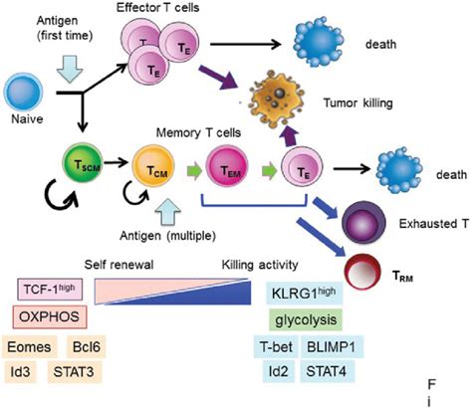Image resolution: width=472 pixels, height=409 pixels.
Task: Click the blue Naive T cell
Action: click(23, 92)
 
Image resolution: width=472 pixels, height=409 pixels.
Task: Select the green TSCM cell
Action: click(84, 164)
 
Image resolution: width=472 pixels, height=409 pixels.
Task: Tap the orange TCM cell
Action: click(153, 166)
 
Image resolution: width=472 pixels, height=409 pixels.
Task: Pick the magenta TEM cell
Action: click(227, 166)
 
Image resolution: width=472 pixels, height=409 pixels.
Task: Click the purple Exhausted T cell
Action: click(364, 222)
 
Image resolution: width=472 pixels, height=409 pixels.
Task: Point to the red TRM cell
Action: click(363, 272)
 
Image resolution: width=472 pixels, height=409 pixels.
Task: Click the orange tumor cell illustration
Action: click(278, 97)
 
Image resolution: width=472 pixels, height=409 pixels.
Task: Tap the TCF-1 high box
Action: click(50, 290)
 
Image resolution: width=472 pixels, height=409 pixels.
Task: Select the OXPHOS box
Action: click(50, 316)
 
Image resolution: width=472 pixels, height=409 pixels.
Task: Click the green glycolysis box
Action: click(306, 320)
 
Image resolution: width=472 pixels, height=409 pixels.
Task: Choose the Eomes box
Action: click(29, 347)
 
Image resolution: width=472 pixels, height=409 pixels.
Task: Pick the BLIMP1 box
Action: click(332, 346)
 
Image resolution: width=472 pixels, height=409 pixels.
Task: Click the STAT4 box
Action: click(327, 371)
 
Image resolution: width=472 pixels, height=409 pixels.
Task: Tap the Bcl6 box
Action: click(87, 347)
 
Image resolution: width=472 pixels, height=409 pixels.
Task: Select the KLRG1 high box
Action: click(304, 294)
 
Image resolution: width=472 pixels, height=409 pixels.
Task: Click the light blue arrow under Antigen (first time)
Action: click(70, 69)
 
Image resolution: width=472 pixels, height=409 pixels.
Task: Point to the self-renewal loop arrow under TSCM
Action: click(63, 196)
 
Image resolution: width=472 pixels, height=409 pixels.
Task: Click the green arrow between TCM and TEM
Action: click(194, 171)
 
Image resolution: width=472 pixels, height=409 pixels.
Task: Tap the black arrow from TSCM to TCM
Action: click(117, 162)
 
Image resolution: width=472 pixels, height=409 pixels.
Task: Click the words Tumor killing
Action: click(358, 103)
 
